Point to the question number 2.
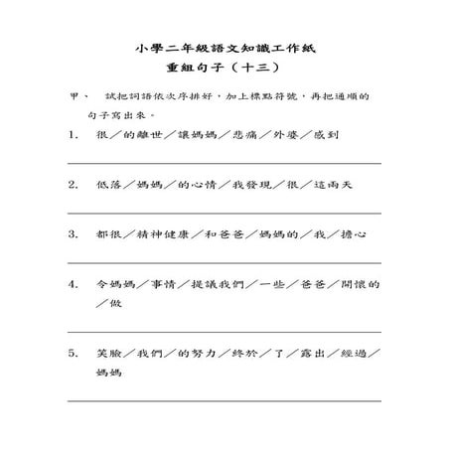(74, 185)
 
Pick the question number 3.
(74, 234)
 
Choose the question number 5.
(74, 353)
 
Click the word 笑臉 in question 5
(108, 353)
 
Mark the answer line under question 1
(224, 162)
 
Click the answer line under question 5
(224, 399)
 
